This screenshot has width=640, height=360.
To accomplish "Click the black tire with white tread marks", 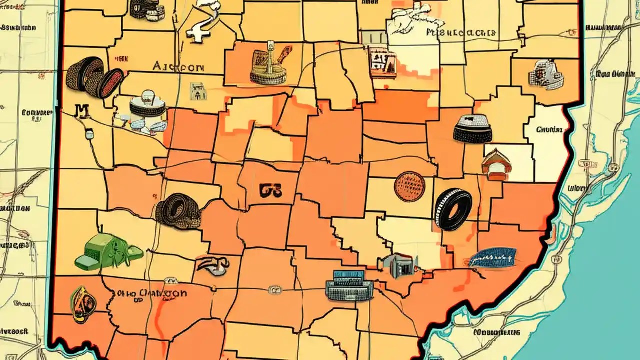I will (453, 209).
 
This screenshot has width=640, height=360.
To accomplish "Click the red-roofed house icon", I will (496, 165).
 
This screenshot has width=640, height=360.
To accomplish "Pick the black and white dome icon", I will (472, 129).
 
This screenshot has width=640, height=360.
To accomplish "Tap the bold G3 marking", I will (271, 190).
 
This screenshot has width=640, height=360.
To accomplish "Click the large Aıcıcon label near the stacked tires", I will (177, 67).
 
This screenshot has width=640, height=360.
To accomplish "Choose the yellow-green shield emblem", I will (83, 304).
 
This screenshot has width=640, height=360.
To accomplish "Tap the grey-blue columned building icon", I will (349, 286).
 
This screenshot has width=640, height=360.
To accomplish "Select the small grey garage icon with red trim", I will (399, 265).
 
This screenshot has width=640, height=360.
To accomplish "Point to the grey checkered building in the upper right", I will (546, 75).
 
